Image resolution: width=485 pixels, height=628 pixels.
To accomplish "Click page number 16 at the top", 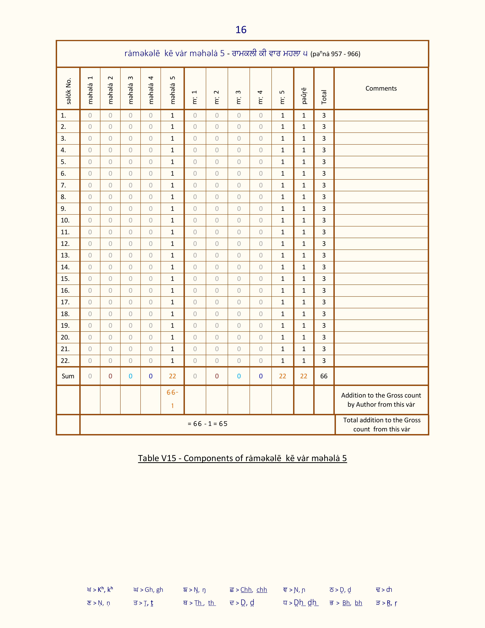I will [241, 30].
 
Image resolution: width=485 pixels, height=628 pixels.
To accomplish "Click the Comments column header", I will [381, 88].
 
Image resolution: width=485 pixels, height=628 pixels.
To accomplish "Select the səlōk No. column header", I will [68, 91].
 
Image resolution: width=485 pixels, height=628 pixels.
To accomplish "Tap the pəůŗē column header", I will [304, 96].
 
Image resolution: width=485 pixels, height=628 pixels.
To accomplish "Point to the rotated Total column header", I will [324, 97].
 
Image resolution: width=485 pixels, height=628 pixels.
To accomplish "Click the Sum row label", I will [68, 376].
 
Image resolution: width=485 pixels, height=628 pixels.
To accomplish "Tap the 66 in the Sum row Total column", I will [324, 376].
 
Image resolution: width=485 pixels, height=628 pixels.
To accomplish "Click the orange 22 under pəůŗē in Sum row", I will [304, 376].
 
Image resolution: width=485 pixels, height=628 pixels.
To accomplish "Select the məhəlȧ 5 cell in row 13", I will [172, 255].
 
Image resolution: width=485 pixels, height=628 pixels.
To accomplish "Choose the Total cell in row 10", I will [324, 220].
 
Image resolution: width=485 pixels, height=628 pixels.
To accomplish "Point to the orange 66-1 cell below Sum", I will [172, 399].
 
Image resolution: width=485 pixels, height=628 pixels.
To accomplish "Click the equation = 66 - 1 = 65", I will [208, 424].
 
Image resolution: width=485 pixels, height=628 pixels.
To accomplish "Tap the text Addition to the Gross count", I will [381, 395].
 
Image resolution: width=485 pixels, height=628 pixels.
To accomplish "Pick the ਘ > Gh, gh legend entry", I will [148, 590].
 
